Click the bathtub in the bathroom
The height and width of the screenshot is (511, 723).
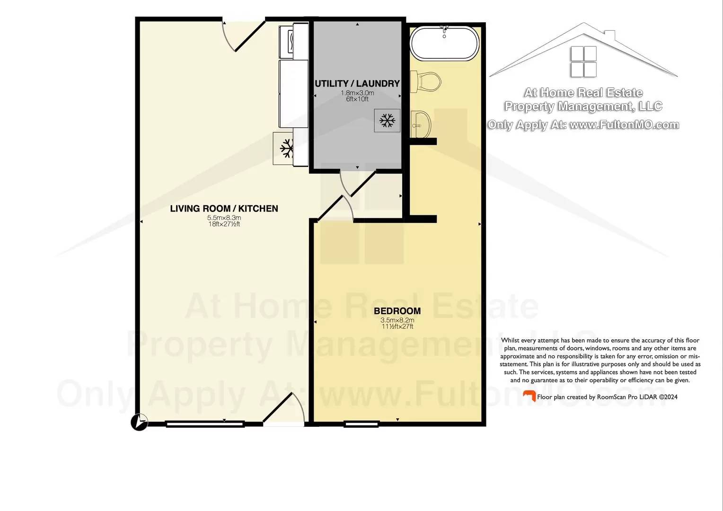(444, 43)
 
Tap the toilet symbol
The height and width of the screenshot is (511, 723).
(426, 81)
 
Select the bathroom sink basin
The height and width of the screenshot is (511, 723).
(421, 124)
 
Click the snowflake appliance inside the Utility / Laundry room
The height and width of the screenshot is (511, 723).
(387, 120)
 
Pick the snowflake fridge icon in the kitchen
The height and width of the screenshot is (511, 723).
(286, 149)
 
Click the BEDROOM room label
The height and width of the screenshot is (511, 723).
(397, 311)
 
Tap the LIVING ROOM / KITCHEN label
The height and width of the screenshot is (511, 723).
(224, 209)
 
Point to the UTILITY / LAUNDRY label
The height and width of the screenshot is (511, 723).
(357, 84)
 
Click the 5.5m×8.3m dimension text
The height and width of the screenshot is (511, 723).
(224, 218)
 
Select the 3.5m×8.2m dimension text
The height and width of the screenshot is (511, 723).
(397, 320)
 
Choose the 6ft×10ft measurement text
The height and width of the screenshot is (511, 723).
(357, 99)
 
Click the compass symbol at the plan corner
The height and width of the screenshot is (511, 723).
(140, 422)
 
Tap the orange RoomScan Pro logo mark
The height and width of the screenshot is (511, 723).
(529, 396)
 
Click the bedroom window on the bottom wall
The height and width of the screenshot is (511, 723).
(361, 424)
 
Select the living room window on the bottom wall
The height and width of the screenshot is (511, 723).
(205, 424)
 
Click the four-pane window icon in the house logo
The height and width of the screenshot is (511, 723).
(583, 62)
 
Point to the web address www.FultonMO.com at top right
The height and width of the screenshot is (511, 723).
(624, 125)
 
